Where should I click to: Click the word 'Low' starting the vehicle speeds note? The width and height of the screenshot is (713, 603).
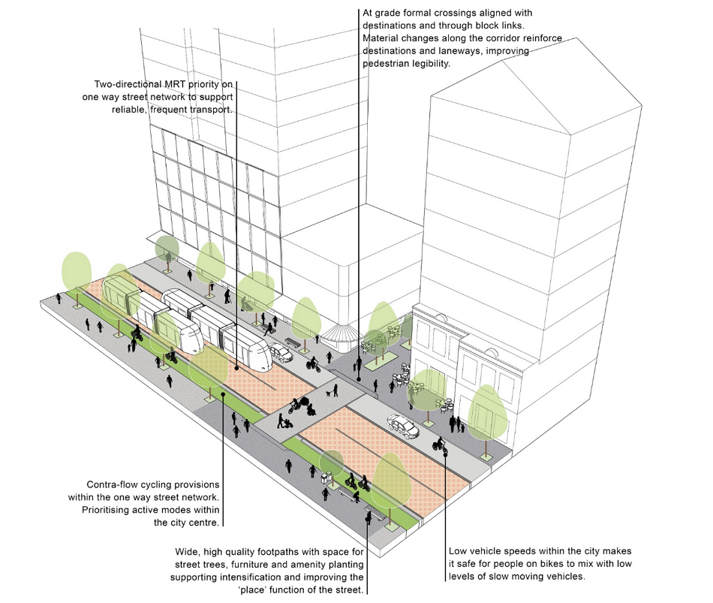[459, 551]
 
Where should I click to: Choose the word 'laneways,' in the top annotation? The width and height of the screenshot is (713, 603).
[462, 51]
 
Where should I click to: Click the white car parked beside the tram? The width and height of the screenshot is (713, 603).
[281, 353]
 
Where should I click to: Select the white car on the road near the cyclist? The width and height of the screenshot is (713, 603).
[403, 426]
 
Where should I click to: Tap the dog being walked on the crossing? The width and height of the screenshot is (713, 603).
[328, 393]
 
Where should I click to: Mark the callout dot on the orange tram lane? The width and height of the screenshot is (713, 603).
[236, 368]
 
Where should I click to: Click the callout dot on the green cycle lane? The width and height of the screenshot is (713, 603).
[223, 393]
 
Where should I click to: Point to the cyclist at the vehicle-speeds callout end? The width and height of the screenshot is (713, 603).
[440, 445]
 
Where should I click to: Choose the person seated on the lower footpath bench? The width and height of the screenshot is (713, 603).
[356, 496]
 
